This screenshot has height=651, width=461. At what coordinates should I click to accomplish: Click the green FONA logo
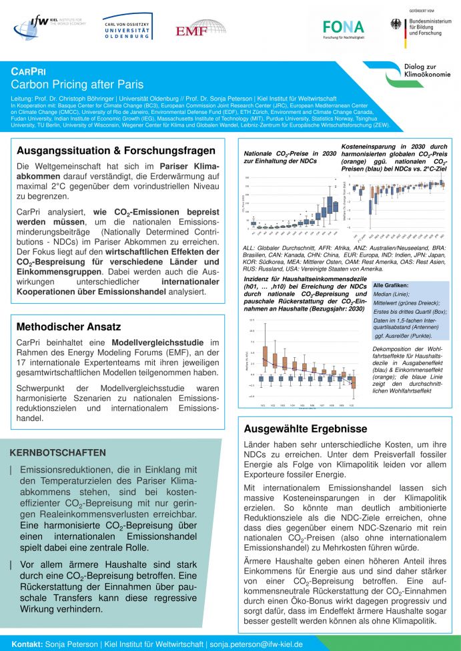click(343, 28)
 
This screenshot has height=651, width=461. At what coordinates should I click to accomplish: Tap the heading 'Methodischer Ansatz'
click(69, 327)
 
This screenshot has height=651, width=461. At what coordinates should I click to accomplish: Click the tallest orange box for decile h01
click(265, 358)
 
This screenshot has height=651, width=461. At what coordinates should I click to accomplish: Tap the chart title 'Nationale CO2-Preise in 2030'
click(290, 153)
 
